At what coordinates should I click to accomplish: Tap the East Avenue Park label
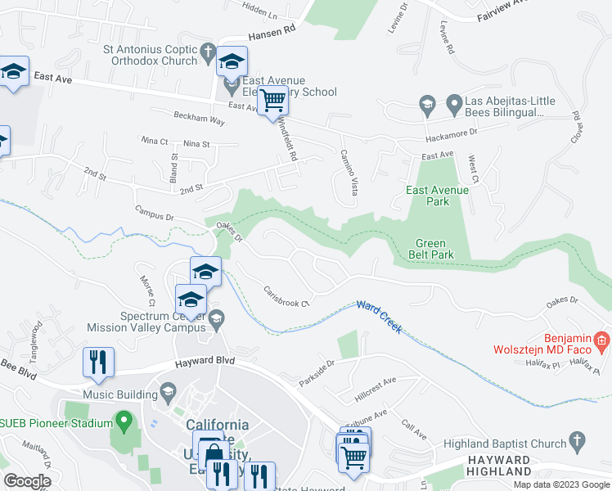tap(439, 196)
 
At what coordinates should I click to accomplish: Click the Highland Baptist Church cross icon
tap(578, 443)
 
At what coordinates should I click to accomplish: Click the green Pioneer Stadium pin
tap(124, 423)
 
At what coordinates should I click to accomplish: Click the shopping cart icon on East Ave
tap(274, 101)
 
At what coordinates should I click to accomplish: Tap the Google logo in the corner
tap(26, 481)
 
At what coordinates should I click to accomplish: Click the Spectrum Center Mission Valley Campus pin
tap(216, 319)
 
